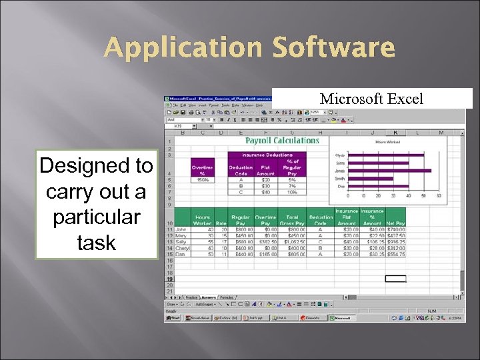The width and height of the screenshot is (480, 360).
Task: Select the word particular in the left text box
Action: pos(97,217)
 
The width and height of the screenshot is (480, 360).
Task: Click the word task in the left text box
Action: pos(97,242)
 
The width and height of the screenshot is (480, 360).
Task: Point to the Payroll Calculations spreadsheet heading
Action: pos(282,141)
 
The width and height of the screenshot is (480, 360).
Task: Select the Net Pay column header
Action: pos(395,223)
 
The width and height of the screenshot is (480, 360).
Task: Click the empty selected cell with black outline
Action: pos(395,279)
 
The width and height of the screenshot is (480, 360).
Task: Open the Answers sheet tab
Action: pos(209,297)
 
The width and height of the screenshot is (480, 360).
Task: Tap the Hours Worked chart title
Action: pos(389,142)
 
